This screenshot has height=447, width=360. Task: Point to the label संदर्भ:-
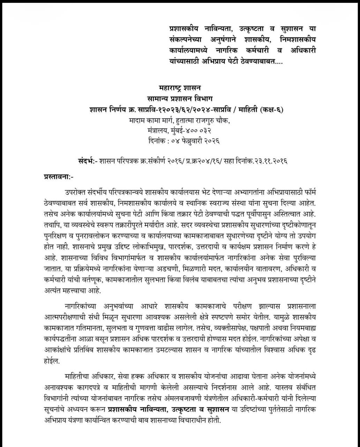[x=87, y=162]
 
